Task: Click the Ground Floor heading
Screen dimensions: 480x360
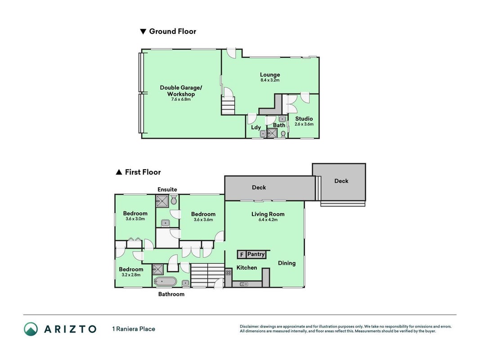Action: coord(173,31)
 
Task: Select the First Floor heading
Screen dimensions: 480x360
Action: coord(143,172)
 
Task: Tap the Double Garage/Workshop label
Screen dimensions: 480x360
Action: coord(181,90)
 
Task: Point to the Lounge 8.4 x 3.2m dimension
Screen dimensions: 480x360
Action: coord(270,80)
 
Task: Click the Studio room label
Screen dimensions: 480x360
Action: coord(304,118)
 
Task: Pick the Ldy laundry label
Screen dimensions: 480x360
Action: coord(256,127)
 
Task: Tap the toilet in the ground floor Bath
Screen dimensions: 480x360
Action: coord(283,134)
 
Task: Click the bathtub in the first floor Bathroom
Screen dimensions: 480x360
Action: coord(165,281)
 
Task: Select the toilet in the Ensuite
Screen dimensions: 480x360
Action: coord(174,201)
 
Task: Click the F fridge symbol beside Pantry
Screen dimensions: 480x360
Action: coord(242,255)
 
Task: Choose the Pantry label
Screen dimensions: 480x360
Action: coord(256,254)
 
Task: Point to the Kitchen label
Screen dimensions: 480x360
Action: coord(247,268)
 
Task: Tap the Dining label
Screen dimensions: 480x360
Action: coord(287,263)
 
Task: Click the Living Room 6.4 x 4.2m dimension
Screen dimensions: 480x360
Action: coord(268,220)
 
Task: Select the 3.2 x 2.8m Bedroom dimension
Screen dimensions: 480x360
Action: coord(131,275)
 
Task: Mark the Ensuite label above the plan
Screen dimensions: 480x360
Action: coord(167,189)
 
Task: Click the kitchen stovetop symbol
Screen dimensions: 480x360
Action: coord(229,272)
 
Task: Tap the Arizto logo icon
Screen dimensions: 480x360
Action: coord(31,329)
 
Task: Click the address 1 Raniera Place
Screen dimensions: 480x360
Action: coord(134,329)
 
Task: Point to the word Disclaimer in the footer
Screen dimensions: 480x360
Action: coord(249,327)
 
